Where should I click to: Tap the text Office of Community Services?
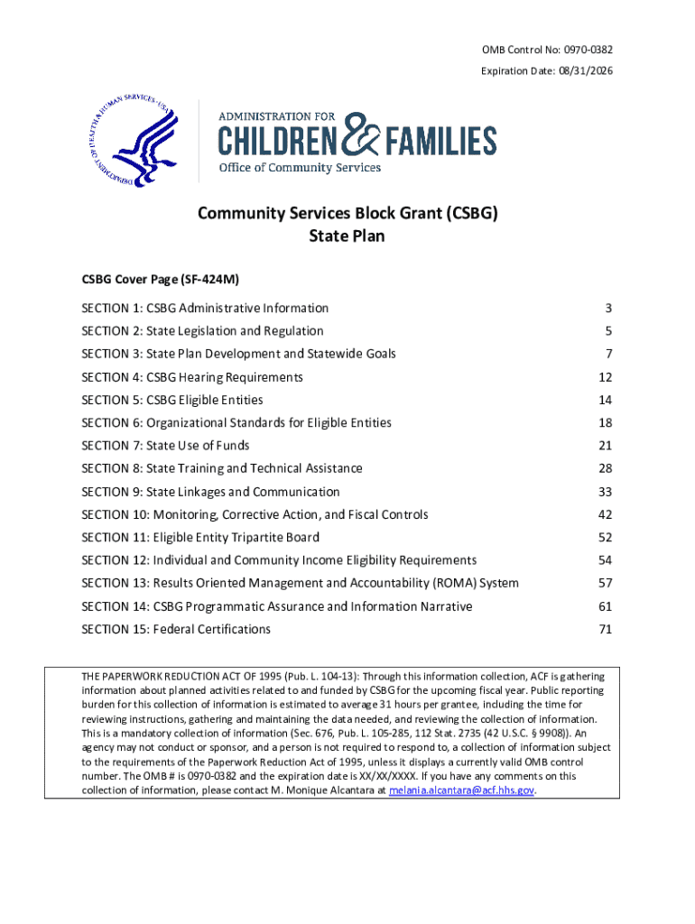pos(300,167)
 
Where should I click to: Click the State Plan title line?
pos(347,236)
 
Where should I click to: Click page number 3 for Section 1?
pos(608,309)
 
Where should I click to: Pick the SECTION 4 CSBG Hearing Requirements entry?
pos(192,377)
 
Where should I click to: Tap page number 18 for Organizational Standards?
pos(605,423)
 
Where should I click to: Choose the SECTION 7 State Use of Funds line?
pos(165,446)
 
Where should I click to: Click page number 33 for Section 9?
pos(605,492)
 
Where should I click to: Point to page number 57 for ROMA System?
pos(605,584)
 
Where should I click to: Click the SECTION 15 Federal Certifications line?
pos(176,629)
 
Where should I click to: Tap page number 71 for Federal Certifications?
pos(605,629)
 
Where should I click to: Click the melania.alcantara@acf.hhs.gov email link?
pos(461,790)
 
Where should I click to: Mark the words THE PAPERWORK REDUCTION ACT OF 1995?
pos(175,676)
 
